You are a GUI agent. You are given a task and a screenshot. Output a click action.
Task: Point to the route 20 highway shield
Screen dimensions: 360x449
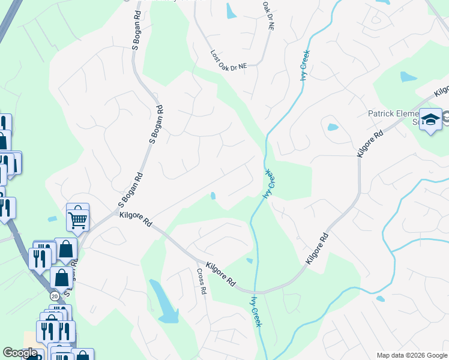55,296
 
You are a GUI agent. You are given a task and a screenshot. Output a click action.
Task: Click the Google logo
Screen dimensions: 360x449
20,353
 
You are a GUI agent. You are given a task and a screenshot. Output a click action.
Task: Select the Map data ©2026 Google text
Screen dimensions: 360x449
411,355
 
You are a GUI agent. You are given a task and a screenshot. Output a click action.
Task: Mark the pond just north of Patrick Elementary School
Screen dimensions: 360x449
409,77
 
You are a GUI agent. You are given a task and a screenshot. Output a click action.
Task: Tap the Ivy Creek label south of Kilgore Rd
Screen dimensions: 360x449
257,311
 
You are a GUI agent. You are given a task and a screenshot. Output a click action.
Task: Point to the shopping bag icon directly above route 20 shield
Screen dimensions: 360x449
61,277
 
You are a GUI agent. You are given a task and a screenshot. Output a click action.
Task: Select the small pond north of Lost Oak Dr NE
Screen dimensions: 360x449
231,11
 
